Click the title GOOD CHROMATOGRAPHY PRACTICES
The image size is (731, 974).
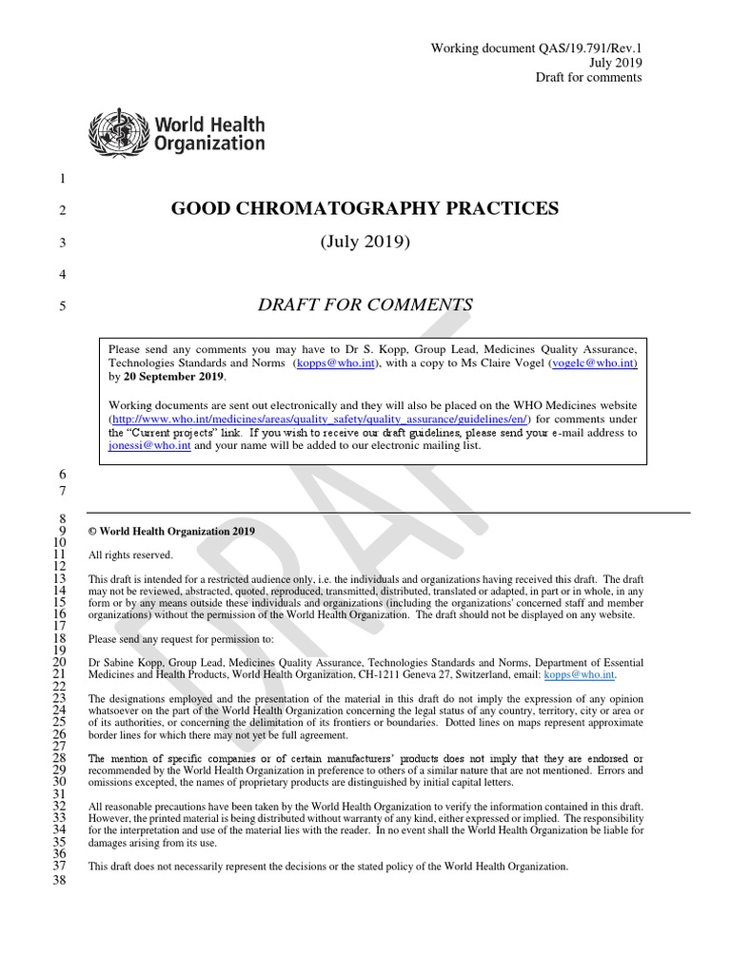click(x=365, y=209)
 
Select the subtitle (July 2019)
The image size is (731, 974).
click(x=365, y=243)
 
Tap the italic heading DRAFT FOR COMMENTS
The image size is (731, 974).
click(x=365, y=305)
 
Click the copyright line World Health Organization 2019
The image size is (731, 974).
click(x=177, y=532)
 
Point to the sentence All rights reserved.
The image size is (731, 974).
click(x=130, y=555)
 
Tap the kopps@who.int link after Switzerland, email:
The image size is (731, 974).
click(x=579, y=675)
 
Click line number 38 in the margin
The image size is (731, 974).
click(x=59, y=882)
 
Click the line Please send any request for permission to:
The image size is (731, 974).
click(x=181, y=639)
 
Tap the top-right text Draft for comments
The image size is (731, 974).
click(x=588, y=77)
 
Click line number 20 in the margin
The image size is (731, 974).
click(x=59, y=662)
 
